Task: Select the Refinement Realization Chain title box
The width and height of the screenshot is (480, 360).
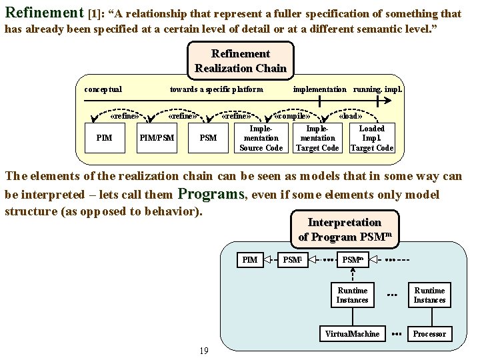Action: [x=241, y=61]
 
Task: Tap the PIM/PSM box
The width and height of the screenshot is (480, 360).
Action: [x=157, y=138]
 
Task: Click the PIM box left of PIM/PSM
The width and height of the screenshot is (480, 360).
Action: [x=104, y=138]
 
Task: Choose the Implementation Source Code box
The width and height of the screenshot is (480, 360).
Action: [x=261, y=138]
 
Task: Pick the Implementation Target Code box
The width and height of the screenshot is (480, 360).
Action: [x=317, y=138]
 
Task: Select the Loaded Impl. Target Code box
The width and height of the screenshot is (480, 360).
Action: [x=372, y=138]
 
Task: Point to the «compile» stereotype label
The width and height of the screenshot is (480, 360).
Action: [x=293, y=115]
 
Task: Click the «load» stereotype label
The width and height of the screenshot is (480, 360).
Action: [x=351, y=115]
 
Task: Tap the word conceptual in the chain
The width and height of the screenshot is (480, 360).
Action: [x=103, y=89]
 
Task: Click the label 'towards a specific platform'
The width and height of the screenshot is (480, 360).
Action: [x=216, y=89]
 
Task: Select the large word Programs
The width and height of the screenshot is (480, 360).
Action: [x=211, y=195]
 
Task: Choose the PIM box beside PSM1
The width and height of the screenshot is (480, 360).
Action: [x=249, y=259]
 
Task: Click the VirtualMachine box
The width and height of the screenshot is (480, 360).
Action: [x=352, y=333]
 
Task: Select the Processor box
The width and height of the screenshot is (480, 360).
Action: [x=429, y=333]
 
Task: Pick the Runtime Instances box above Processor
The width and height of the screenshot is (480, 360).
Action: [x=429, y=295]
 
